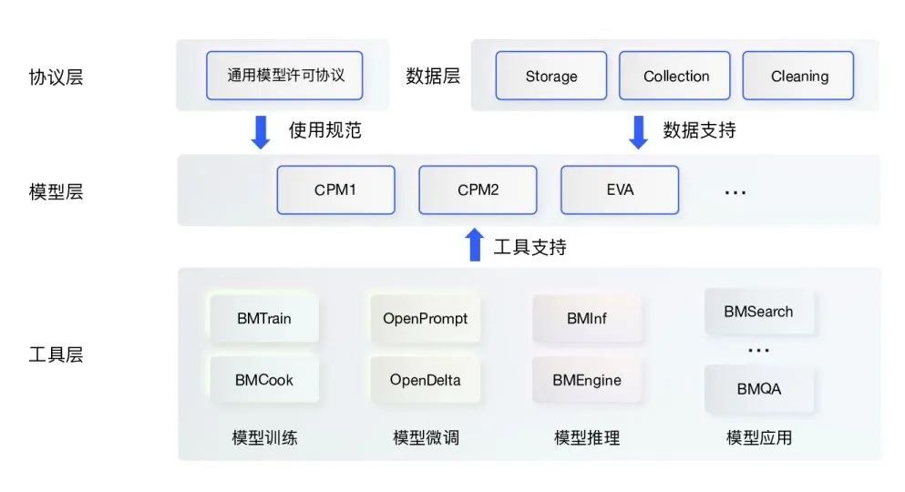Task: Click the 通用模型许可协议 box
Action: click(286, 75)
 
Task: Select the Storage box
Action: click(551, 76)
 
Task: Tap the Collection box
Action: click(675, 76)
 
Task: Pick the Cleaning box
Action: click(798, 76)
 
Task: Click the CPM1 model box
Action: click(335, 190)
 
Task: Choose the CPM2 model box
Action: click(478, 190)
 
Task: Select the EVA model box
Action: click(620, 190)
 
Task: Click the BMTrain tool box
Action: click(264, 319)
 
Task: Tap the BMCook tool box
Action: click(264, 379)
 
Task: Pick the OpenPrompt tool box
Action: click(425, 319)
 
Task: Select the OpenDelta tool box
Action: click(425, 379)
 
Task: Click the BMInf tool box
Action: click(587, 319)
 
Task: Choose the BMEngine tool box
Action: click(587, 379)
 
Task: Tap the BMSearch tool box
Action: click(758, 312)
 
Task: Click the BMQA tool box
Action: click(758, 389)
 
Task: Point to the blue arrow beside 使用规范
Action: click(261, 131)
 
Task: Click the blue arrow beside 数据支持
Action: click(638, 131)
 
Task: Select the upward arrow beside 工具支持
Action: click(474, 245)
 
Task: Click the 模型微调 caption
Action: click(426, 438)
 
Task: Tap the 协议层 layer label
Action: click(56, 77)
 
